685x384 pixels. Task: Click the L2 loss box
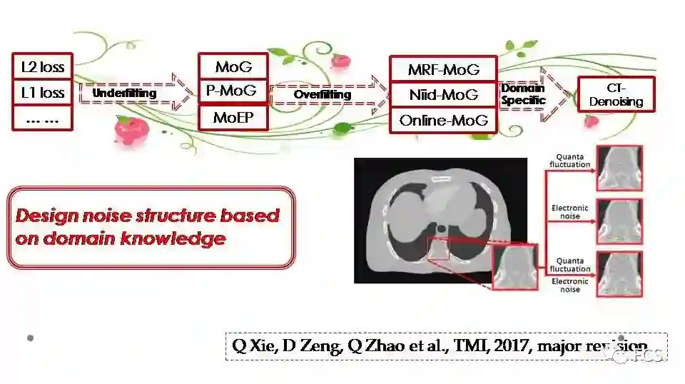click(43, 68)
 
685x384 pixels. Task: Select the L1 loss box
click(43, 93)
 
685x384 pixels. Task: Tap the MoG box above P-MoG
click(233, 67)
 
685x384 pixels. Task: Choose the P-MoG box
click(231, 91)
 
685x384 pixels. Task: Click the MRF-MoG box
click(443, 70)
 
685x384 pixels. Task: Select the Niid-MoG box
click(443, 95)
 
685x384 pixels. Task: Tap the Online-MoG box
click(443, 120)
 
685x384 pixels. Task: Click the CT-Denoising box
click(616, 96)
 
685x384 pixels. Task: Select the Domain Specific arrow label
click(523, 94)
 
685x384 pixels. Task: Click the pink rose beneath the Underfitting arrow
click(133, 131)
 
